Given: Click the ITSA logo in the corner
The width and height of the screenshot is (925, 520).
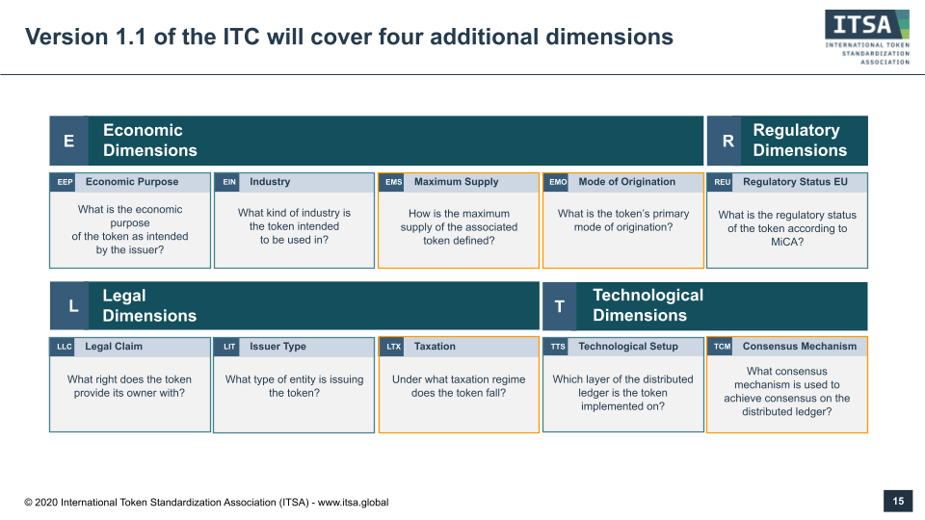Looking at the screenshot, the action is pos(867,37).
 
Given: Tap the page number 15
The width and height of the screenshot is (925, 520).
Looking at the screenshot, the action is pos(898,501).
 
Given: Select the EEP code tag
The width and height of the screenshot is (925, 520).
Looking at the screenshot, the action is pos(65,182).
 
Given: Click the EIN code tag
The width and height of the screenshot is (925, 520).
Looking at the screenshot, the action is pos(229,182).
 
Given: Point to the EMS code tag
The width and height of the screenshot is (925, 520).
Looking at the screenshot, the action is pos(393,182).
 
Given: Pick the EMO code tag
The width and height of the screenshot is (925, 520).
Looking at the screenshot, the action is pos(558,182).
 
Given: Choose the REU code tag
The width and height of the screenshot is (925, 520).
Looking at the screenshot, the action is pos(722,182).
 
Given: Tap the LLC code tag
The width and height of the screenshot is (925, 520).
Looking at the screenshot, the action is pos(65,347).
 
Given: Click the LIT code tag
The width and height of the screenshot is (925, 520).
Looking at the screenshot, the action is pos(229,347).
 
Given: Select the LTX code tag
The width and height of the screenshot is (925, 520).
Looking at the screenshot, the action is pos(393,347).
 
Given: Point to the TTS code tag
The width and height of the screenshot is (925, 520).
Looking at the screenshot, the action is pos(558,347).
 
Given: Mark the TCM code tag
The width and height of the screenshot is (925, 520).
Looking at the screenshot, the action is pos(722,347).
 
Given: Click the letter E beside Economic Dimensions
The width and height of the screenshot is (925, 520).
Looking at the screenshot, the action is pos(69,141).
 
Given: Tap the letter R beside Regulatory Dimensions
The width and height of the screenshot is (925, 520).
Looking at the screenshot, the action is pos(728,141).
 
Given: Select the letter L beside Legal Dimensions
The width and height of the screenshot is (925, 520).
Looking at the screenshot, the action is pos(73,306).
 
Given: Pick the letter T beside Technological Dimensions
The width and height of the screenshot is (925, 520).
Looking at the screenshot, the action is pos(559,306).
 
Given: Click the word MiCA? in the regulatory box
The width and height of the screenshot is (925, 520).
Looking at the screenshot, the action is pos(787,242).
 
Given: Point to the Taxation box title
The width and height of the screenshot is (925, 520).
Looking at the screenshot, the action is pos(435,346).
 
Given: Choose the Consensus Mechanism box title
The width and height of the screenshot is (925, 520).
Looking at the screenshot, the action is pos(800,346).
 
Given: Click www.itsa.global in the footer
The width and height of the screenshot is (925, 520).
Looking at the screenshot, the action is pos(354,503).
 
